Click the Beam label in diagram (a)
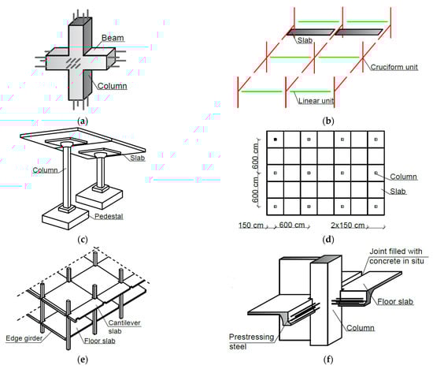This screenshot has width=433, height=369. click(x=113, y=38)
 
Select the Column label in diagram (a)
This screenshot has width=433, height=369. click(x=112, y=86)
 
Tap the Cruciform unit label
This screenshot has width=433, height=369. click(x=394, y=67)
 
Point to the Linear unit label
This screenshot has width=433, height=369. click(x=316, y=101)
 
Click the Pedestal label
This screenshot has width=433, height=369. click(x=109, y=216)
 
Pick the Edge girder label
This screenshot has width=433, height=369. click(x=24, y=338)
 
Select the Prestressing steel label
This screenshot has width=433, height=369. click(x=251, y=341)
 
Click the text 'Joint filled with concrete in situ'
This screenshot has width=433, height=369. click(x=396, y=256)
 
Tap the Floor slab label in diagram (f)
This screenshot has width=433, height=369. click(x=395, y=301)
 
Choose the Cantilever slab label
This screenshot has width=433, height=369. click(x=124, y=326)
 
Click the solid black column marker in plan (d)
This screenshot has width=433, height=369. click(x=275, y=140)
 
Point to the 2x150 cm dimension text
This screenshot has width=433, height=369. click(x=348, y=225)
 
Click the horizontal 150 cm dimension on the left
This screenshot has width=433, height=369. click(x=250, y=225)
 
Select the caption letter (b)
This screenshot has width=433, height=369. click(x=328, y=121)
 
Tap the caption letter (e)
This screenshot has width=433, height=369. click(x=83, y=360)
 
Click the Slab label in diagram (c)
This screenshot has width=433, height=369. click(x=138, y=158)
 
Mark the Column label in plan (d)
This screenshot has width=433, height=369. click(x=403, y=177)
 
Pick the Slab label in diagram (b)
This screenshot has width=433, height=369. click(x=305, y=40)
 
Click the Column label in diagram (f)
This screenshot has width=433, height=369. click(x=361, y=328)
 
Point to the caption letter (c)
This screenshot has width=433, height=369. click(x=83, y=240)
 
